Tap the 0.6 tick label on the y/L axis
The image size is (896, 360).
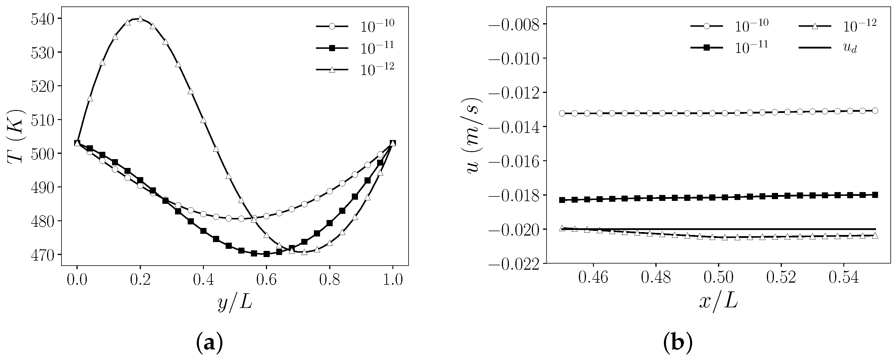267,279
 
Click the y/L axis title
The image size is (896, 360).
235,302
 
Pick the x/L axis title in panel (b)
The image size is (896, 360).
719,302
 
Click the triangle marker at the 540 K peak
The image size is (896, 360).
140,19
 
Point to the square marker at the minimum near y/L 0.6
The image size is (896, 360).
267,254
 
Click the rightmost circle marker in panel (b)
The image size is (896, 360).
875,111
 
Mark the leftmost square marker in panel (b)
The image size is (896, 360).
562,200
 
